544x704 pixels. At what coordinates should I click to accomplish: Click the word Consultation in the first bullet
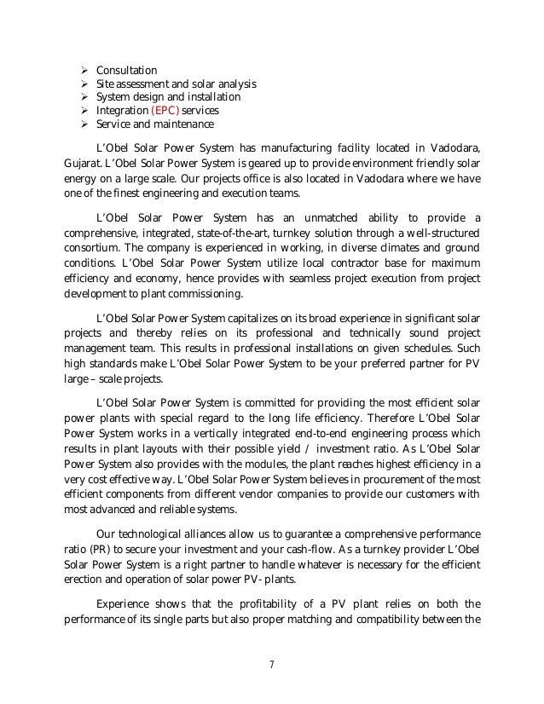point(126,70)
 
